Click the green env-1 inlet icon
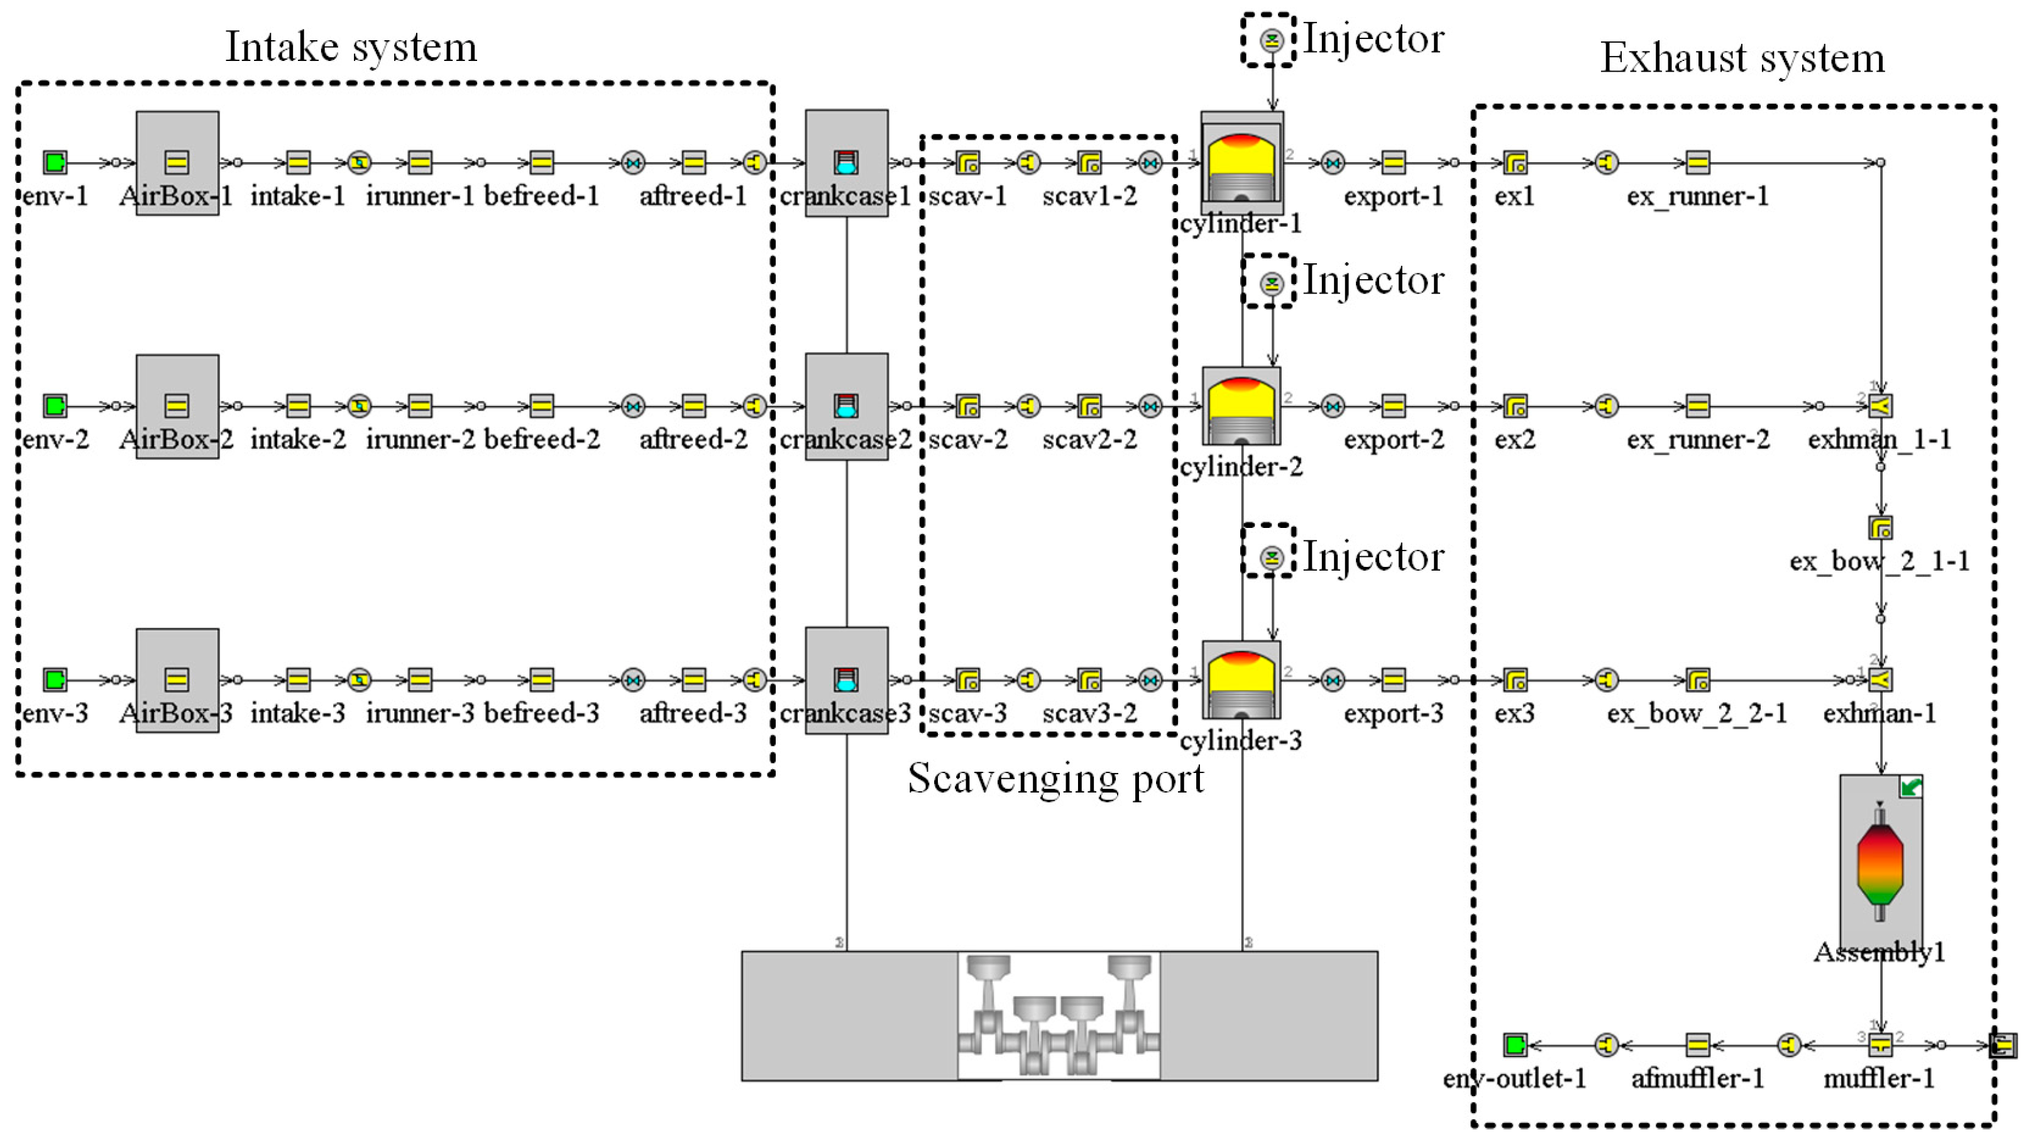point(55,162)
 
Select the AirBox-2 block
point(177,406)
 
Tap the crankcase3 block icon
point(846,679)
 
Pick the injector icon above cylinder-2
point(1270,282)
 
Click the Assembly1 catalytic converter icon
point(1880,863)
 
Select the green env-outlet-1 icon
point(1514,1045)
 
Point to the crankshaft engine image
point(1059,1016)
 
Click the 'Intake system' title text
point(351,47)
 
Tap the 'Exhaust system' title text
point(1742,58)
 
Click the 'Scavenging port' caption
point(1055,779)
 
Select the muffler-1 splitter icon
point(1880,1045)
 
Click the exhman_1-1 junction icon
point(1880,406)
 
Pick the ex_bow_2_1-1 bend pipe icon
point(1880,527)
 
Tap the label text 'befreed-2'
point(542,439)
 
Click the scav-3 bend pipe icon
point(967,679)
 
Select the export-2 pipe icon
point(1393,406)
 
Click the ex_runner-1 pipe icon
point(1697,162)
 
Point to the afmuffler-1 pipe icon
point(1697,1045)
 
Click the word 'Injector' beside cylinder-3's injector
point(1373,557)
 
